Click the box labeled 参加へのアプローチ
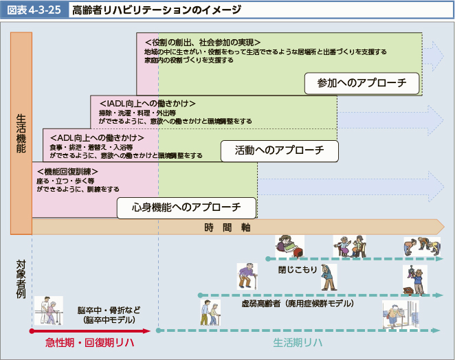(x=363, y=83)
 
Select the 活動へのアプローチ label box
(x=279, y=150)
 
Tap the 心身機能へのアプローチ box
(x=186, y=207)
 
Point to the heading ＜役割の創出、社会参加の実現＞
(x=199, y=42)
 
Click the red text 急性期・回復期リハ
(x=89, y=342)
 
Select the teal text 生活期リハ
(x=298, y=342)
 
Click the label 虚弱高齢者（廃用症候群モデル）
(x=298, y=302)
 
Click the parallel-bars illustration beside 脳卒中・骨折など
(x=53, y=311)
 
